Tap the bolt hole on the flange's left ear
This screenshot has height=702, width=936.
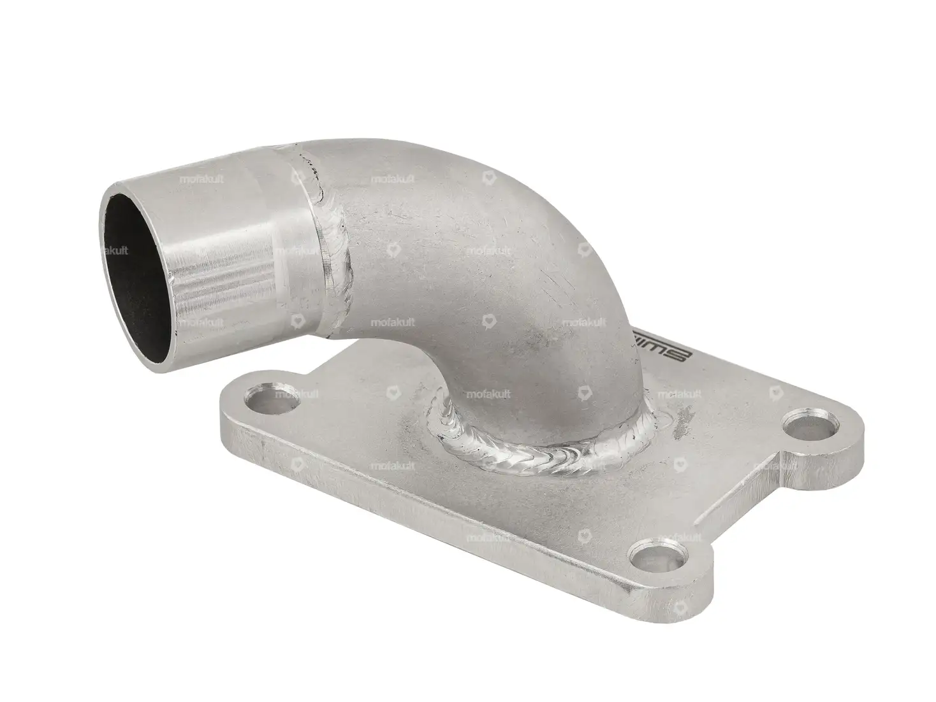click(x=263, y=400)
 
